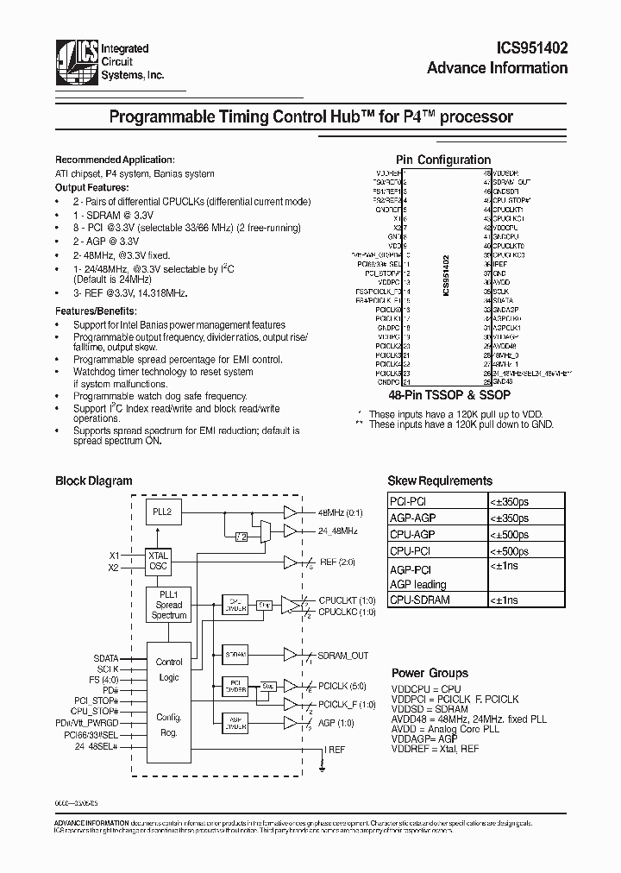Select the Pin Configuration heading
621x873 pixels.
(442, 160)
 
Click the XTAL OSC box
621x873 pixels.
(158, 560)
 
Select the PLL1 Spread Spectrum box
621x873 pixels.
(169, 605)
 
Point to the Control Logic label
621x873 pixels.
(169, 669)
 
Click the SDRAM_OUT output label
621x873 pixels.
(342, 656)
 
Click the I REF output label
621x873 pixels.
(335, 751)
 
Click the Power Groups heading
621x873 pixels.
(430, 673)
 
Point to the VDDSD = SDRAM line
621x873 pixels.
(430, 709)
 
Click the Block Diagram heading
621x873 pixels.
(94, 481)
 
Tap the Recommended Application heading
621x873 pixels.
(115, 160)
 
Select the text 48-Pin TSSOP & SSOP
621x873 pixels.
(443, 392)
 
